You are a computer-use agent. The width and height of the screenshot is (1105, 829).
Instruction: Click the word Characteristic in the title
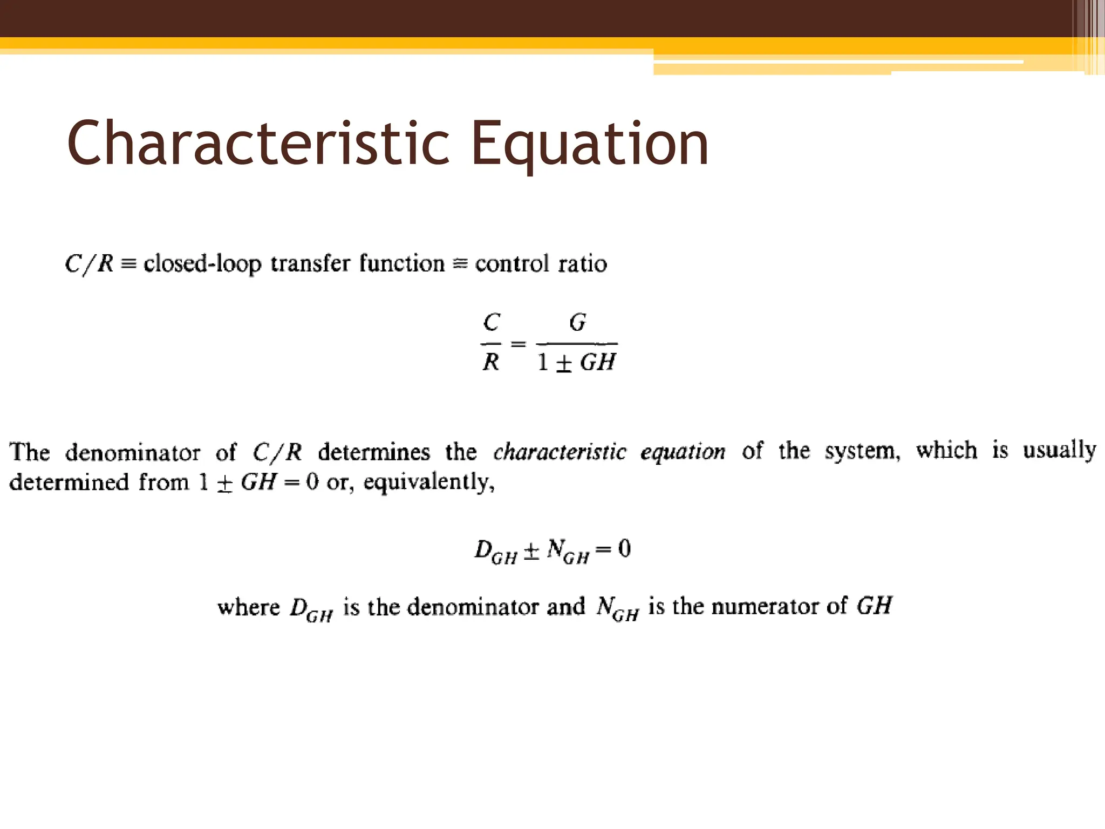tap(258, 143)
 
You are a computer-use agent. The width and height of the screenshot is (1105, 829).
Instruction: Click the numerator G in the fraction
tap(577, 323)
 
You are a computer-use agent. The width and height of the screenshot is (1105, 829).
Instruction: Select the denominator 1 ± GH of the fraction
tap(576, 362)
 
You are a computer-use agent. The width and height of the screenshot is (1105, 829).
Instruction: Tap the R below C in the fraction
tap(490, 362)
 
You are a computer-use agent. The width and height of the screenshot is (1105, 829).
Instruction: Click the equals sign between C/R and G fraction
tap(518, 343)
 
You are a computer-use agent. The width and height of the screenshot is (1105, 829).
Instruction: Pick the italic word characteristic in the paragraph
tap(560, 452)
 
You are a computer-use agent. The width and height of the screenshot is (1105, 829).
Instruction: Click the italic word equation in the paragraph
tap(683, 452)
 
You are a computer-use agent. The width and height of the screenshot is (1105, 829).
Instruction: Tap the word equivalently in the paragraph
tap(428, 482)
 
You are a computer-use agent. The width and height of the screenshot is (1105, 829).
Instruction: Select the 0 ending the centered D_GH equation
tap(624, 548)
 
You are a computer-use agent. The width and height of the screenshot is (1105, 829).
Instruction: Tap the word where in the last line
tap(249, 607)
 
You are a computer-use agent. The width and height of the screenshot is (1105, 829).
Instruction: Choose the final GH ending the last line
tap(874, 606)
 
